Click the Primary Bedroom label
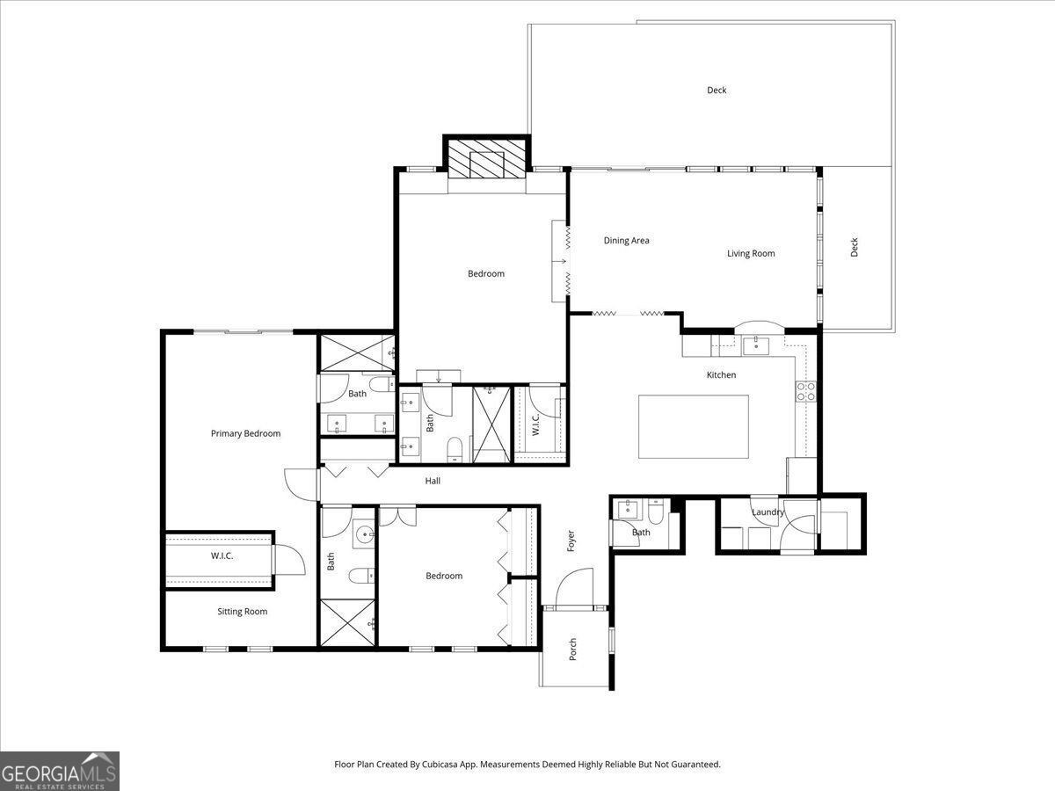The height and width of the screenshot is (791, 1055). coord(245,433)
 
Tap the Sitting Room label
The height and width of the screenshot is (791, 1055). coord(243,612)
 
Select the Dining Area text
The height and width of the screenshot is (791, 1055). coord(626,240)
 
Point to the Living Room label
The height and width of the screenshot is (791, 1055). coord(751,253)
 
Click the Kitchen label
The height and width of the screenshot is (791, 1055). coord(721,374)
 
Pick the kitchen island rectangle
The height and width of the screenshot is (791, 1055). coord(694,426)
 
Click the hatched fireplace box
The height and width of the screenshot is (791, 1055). coord(487,158)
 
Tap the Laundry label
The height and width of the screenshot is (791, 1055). coord(768,512)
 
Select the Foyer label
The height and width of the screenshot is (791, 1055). coord(571,541)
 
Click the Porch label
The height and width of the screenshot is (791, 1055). coord(572,649)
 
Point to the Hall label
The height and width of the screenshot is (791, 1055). coord(433,481)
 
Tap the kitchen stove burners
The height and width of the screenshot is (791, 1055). coord(805,391)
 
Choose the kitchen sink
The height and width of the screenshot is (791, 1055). coord(755,345)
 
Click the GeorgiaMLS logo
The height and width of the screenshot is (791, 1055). coord(60,772)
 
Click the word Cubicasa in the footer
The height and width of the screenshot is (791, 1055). coord(440,764)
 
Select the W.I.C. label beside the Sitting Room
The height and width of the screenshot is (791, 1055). coord(222,555)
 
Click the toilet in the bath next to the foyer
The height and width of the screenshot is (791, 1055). coord(656,511)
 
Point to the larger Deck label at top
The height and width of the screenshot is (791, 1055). coord(717,90)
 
